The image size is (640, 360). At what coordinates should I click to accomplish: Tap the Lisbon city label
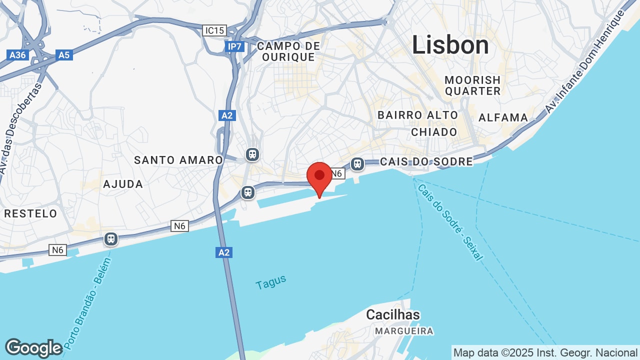[x=450, y=45]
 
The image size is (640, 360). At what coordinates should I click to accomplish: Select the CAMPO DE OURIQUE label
[x=288, y=51]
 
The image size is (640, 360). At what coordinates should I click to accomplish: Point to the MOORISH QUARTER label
[x=472, y=85]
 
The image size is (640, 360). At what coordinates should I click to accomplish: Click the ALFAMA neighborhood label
[x=503, y=117]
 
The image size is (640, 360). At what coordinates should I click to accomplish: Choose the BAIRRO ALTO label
[x=417, y=115]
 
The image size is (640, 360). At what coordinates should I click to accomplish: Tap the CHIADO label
[x=434, y=132]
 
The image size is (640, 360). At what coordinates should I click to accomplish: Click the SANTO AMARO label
[x=178, y=160]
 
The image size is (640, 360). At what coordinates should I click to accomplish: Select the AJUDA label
[x=123, y=184]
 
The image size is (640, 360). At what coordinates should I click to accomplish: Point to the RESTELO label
[x=31, y=213]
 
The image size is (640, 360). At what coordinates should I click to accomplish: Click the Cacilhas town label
[x=393, y=314]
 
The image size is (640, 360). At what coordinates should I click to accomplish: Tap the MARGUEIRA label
[x=404, y=331]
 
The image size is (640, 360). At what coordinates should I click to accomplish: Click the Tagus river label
[x=271, y=282]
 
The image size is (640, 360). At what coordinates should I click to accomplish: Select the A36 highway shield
[x=18, y=54]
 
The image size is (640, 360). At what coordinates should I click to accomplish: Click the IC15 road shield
[x=214, y=30]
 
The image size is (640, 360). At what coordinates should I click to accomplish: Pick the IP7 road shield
[x=234, y=46]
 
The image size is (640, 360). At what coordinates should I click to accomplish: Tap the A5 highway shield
[x=64, y=54]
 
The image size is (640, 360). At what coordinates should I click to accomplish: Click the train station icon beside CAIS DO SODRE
[x=357, y=163]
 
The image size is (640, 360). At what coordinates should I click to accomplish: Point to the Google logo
[x=33, y=348]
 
